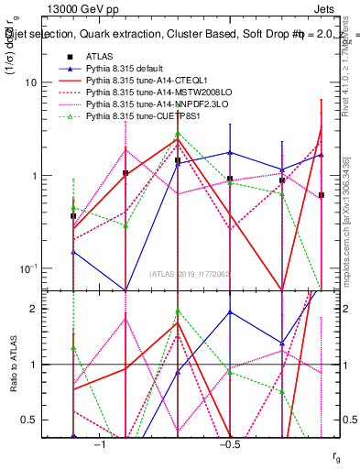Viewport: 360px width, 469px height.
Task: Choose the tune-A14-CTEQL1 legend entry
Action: [x=137, y=81]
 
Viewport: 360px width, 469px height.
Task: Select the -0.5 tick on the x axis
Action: [x=228, y=444]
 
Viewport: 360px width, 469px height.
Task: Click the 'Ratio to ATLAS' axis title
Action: [x=14, y=365]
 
